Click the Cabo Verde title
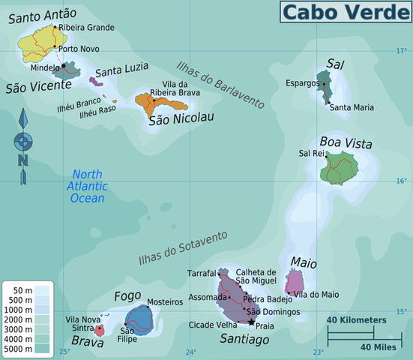[345, 11]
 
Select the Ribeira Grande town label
[88, 28]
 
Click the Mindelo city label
[44, 67]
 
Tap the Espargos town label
[302, 83]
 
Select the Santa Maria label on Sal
[351, 107]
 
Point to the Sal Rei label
[310, 153]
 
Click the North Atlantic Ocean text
[88, 186]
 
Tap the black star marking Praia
[251, 322]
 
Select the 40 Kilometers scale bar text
[356, 320]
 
